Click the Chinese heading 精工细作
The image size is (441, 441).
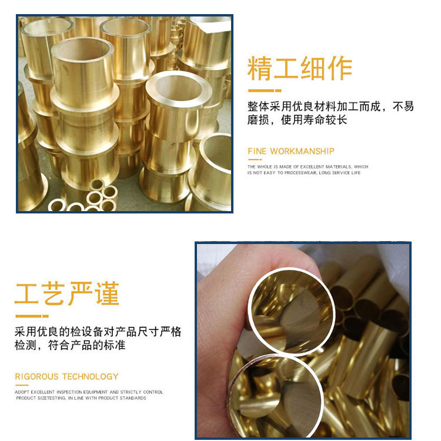(300, 68)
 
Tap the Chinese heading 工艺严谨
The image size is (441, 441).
(67, 294)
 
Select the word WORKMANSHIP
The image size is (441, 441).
(302, 151)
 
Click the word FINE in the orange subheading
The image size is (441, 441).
(257, 151)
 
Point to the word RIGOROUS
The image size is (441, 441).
(36, 376)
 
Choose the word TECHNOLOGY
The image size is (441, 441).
(91, 376)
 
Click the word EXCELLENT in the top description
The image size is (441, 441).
(312, 167)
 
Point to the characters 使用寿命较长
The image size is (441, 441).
(314, 120)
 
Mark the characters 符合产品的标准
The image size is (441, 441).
(86, 345)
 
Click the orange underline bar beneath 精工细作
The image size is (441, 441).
(265, 91)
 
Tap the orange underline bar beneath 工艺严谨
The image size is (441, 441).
(32, 316)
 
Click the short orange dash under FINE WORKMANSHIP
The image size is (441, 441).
(255, 159)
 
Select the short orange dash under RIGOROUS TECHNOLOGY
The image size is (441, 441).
(22, 385)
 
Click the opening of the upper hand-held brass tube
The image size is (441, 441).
(291, 311)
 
